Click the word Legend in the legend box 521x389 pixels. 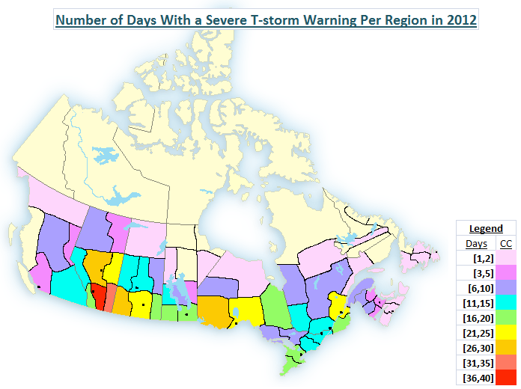coord(486,228)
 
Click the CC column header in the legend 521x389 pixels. coord(506,244)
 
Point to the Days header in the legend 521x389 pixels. coord(476,244)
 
